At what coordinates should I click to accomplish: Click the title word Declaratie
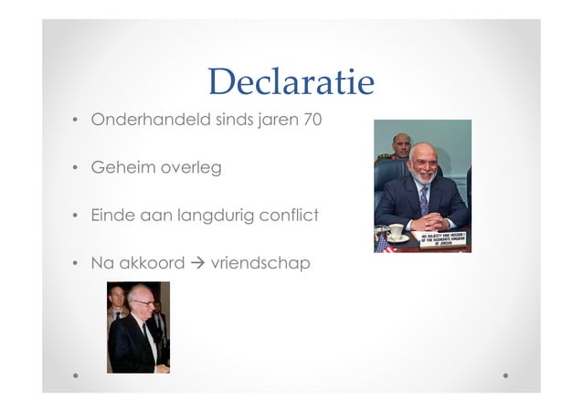point(291,82)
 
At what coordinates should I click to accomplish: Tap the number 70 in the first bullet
point(311,120)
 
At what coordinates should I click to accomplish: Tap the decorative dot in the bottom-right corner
point(506,375)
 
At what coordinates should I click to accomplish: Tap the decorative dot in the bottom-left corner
point(75,375)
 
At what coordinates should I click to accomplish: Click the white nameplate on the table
point(443,239)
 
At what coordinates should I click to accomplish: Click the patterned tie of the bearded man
point(424,200)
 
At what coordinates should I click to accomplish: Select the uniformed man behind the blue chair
point(400,147)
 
